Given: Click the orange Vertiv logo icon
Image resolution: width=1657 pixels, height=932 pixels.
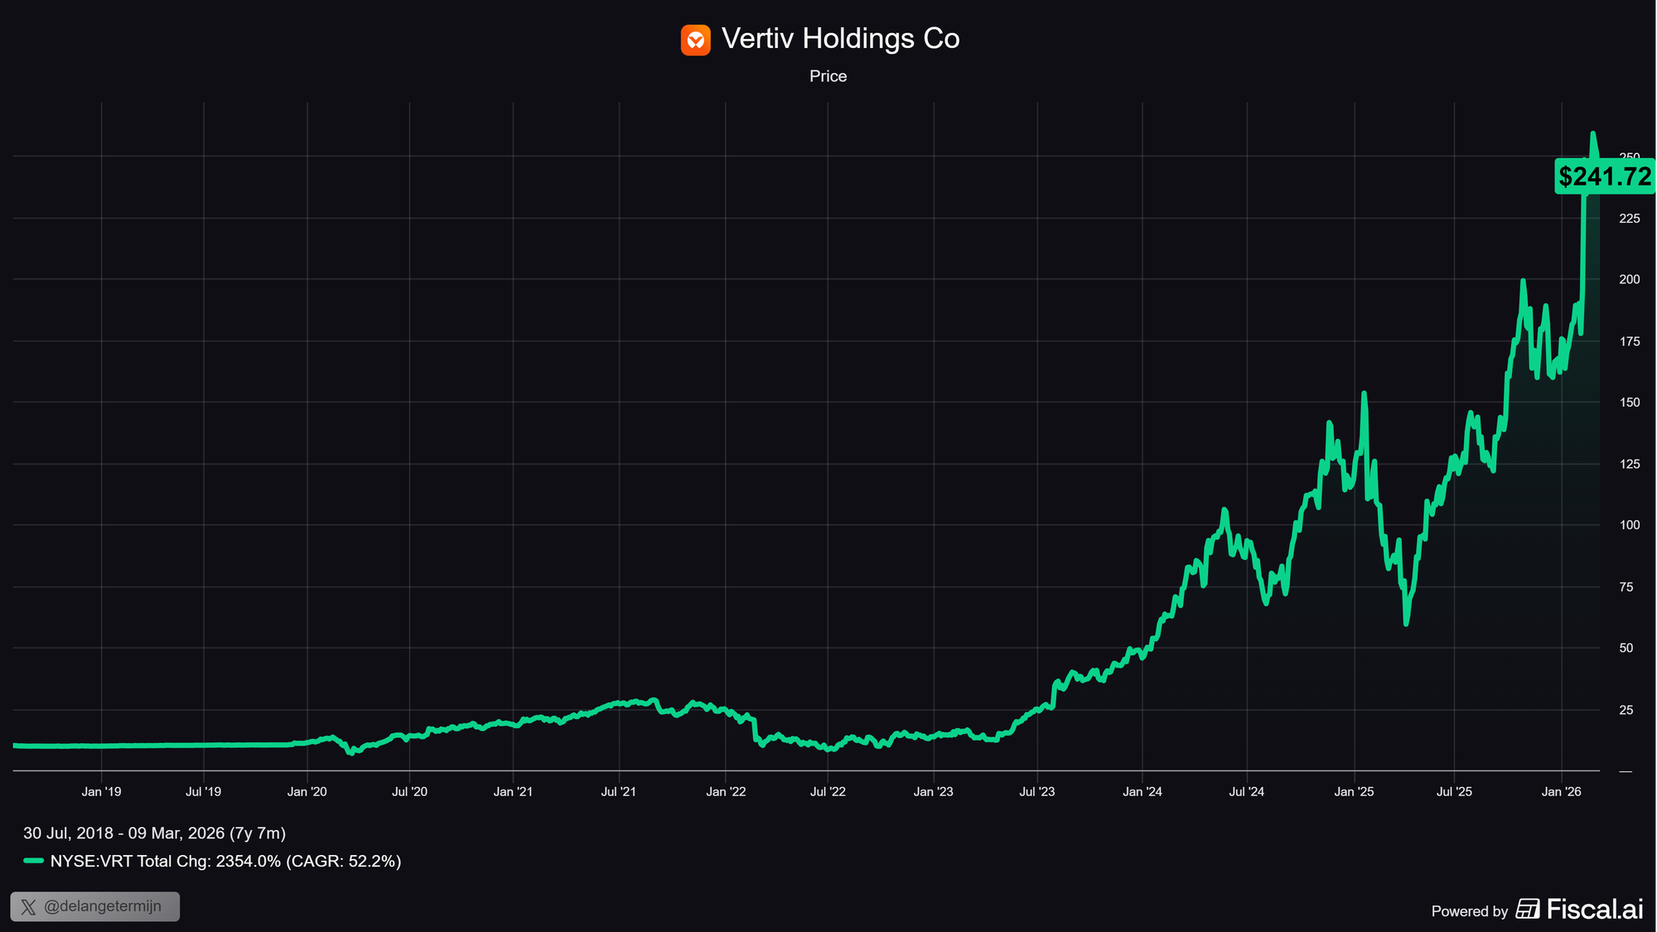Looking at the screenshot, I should pyautogui.click(x=695, y=40).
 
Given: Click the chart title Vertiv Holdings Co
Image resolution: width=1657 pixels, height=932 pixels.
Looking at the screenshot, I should pyautogui.click(x=840, y=39).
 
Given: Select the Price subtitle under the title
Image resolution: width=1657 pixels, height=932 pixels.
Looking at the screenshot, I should pyautogui.click(x=828, y=76).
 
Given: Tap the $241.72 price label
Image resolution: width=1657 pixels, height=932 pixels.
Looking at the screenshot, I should pyautogui.click(x=1605, y=176).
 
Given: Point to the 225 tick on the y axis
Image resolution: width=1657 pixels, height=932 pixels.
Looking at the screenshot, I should pyautogui.click(x=1629, y=219).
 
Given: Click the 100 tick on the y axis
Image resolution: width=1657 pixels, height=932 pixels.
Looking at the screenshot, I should pyautogui.click(x=1629, y=525).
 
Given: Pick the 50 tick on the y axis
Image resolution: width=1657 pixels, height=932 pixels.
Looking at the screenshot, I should pyautogui.click(x=1626, y=648).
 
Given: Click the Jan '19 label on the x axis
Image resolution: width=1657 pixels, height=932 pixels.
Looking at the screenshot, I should pyautogui.click(x=101, y=792).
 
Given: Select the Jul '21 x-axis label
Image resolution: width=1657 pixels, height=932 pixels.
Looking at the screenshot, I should pyautogui.click(x=618, y=792).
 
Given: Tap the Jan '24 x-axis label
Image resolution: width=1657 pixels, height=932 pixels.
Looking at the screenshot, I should pyautogui.click(x=1142, y=792).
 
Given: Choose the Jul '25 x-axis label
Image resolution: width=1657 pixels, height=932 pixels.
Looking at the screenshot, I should pyautogui.click(x=1454, y=792).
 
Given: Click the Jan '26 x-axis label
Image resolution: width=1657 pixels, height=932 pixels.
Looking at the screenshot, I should pyautogui.click(x=1561, y=792).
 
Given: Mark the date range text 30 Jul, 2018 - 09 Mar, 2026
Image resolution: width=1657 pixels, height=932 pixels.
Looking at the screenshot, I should pyautogui.click(x=154, y=833).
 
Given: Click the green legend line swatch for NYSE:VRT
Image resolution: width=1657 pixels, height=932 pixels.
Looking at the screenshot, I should pyautogui.click(x=33, y=861).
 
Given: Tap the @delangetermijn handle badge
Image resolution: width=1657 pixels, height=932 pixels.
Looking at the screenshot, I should pyautogui.click(x=95, y=906).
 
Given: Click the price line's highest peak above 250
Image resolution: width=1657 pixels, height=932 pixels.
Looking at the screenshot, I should pyautogui.click(x=1592, y=133).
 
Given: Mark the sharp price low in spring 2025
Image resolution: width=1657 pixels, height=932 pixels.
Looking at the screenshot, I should pyautogui.click(x=1406, y=623).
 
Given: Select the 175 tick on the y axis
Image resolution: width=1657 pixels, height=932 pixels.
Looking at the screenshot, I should pyautogui.click(x=1629, y=341).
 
